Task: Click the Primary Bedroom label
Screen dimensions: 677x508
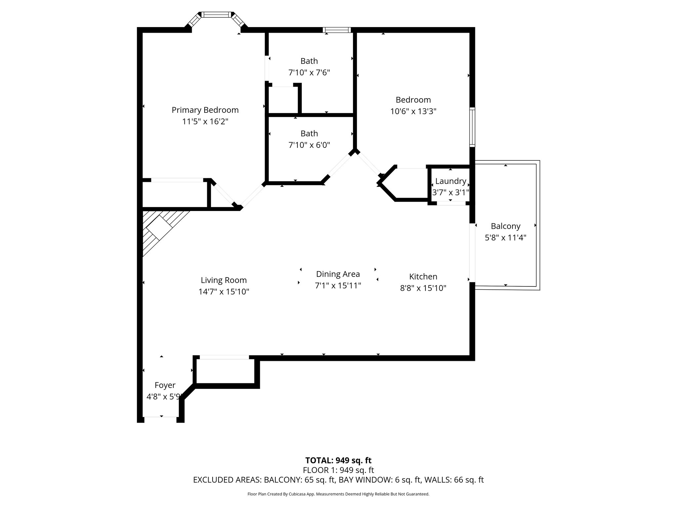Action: [205, 110]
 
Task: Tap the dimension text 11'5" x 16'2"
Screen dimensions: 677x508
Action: [205, 122]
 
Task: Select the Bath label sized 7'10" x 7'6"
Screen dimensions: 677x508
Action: [309, 61]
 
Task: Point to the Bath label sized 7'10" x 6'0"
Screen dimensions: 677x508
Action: [309, 134]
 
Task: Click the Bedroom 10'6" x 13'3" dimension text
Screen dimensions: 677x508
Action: [413, 111]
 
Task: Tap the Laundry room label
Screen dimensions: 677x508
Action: [451, 181]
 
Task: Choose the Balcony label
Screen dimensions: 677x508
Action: [505, 226]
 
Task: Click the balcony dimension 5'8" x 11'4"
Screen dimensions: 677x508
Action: [505, 237]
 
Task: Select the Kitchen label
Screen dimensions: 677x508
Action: [423, 276]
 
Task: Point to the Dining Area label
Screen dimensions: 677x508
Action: [338, 274]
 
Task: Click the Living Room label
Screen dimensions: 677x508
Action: [224, 280]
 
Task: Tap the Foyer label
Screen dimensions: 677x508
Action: [165, 385]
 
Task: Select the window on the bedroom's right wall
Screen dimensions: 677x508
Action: [472, 127]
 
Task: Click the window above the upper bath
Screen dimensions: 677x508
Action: [337, 30]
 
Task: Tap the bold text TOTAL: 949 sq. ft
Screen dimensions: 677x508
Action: [338, 460]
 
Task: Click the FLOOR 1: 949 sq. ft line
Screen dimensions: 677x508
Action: [338, 470]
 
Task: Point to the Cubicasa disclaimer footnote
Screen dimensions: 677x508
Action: [338, 494]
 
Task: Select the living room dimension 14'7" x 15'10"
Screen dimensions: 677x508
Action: [224, 292]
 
